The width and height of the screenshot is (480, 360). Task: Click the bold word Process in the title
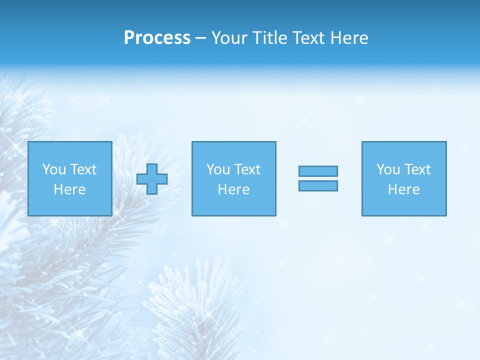pos(157,38)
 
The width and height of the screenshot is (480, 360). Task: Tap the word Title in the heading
pos(270,38)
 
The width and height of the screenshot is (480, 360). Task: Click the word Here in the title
pos(350,38)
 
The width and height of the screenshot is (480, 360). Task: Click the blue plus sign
pos(152,179)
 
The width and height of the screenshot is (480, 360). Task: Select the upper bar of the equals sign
pos(318,171)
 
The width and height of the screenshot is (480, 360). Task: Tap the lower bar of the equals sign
pos(318,186)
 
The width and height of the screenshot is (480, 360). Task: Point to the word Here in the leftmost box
pos(69,189)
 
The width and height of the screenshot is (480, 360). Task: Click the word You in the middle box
pos(218,169)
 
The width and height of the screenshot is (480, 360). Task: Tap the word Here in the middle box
pos(233,189)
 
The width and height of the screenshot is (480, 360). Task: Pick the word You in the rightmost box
pos(388,169)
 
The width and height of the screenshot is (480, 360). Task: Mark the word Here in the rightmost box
pos(403,189)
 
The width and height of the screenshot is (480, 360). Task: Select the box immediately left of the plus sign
pos(69,205)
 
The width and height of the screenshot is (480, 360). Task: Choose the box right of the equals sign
pos(404,205)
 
